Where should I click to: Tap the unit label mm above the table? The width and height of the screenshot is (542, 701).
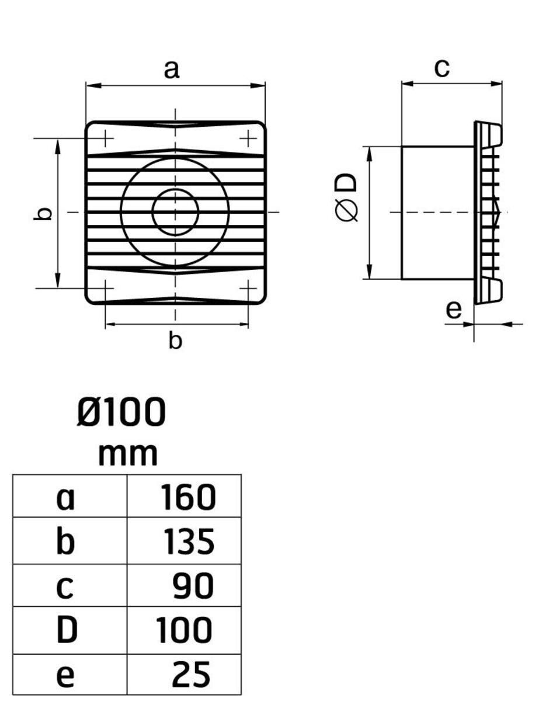pos(128,454)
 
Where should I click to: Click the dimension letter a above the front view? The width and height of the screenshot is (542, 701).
pos(171,70)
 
